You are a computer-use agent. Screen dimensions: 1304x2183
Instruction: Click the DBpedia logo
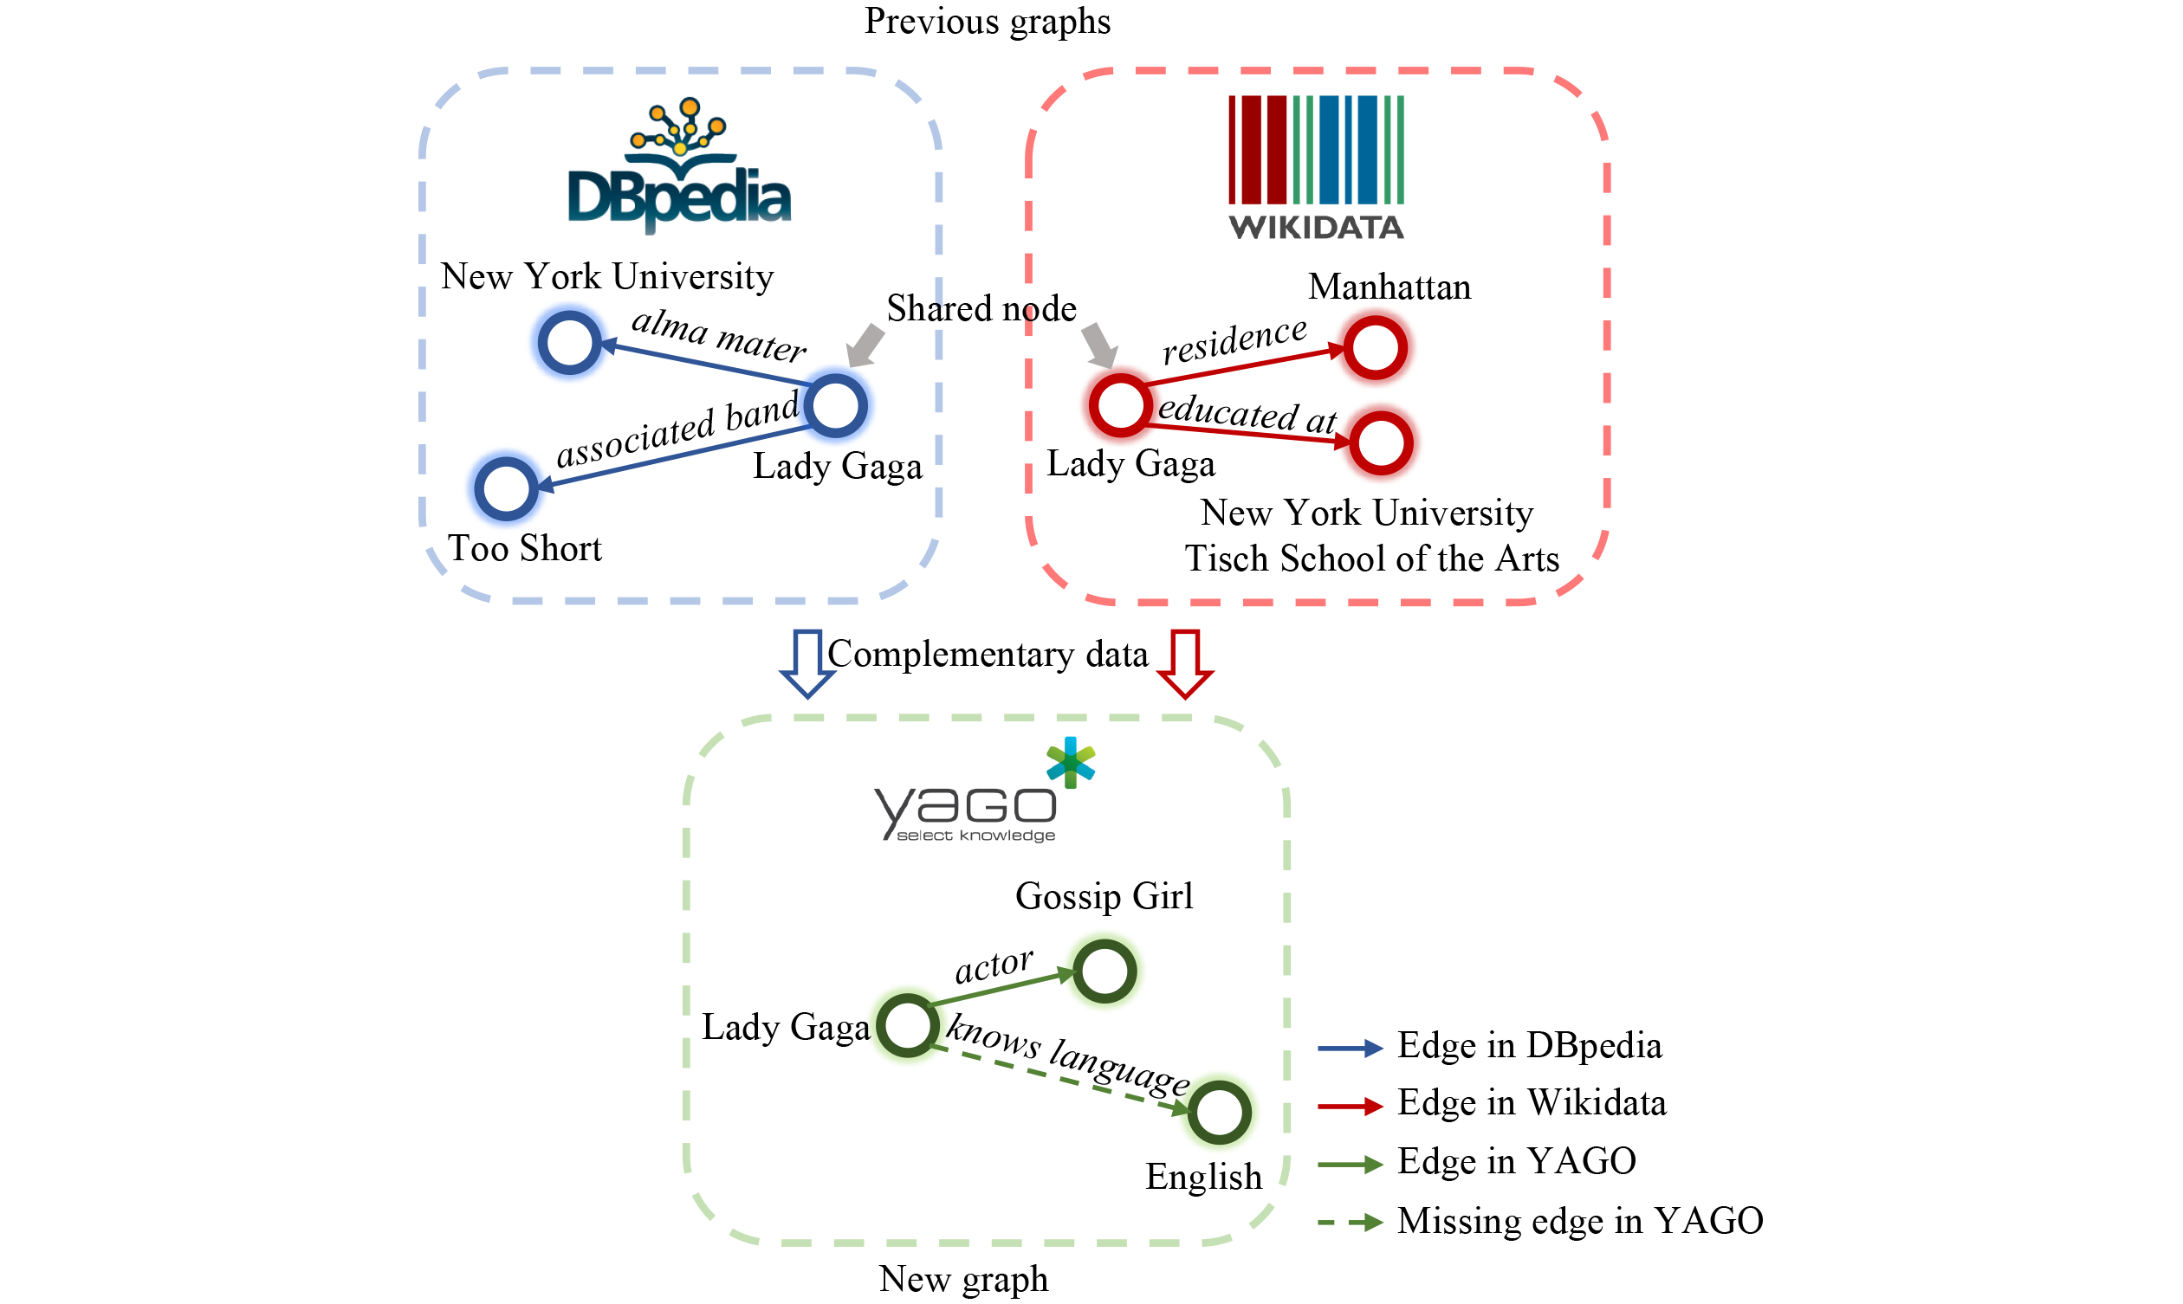click(678, 167)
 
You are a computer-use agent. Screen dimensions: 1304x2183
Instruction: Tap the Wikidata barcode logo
click(1316, 167)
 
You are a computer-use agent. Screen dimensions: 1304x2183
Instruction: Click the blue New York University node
click(569, 342)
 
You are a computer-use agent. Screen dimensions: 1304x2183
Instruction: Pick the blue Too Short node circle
click(506, 487)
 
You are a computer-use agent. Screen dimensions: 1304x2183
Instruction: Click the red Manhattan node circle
click(1376, 348)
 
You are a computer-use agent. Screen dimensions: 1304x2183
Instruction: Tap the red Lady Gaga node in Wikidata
click(1120, 406)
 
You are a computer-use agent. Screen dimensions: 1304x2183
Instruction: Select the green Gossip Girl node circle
click(1104, 971)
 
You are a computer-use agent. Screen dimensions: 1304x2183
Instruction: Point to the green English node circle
click(1220, 1112)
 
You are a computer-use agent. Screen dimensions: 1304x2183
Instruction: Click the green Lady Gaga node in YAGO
click(908, 1025)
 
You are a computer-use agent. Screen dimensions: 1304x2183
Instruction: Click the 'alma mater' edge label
click(718, 335)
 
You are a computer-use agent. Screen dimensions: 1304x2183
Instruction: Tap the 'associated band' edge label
click(677, 430)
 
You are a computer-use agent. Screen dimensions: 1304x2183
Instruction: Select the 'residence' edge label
click(1234, 340)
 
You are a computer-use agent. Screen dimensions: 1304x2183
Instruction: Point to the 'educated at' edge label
click(1247, 413)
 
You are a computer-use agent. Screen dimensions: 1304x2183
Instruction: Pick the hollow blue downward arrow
click(807, 662)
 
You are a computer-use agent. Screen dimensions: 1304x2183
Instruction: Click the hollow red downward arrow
click(1185, 662)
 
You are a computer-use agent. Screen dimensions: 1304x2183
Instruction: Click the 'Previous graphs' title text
click(987, 21)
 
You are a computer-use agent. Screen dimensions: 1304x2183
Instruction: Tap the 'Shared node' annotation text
click(981, 308)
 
